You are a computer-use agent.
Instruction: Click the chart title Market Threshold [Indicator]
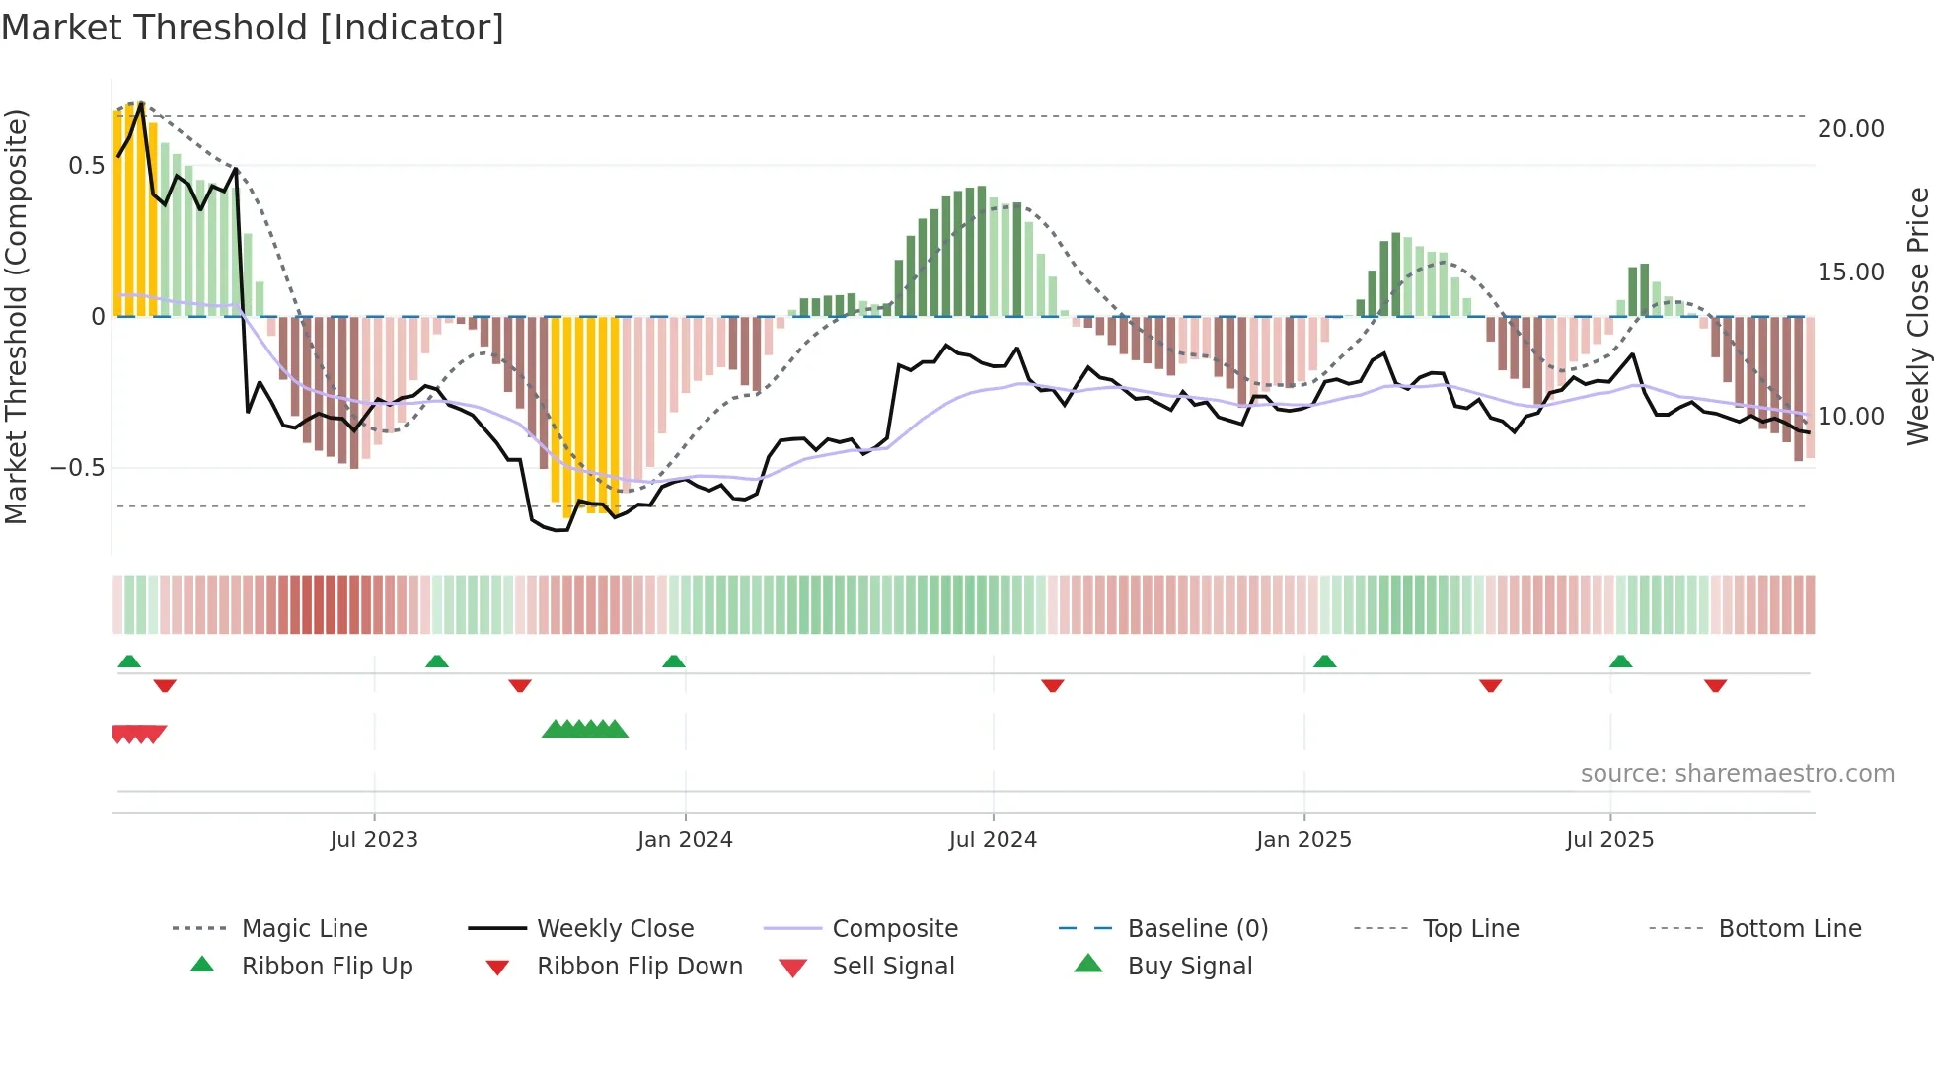[253, 28]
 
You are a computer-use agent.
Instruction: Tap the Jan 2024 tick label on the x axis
[685, 840]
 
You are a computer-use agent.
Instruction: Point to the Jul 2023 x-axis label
[374, 840]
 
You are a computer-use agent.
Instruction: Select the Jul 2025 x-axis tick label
[1609, 840]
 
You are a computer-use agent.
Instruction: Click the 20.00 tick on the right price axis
[1850, 129]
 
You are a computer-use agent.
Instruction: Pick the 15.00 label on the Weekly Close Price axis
[1850, 272]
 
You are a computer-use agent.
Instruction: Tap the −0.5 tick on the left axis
[78, 468]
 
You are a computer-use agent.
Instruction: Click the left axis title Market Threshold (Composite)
[16, 316]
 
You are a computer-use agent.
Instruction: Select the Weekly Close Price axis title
[1917, 316]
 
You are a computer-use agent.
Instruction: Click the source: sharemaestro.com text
[1737, 774]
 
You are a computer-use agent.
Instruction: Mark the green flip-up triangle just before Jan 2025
[1325, 661]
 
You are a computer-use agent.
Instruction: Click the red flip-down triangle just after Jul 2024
[1053, 685]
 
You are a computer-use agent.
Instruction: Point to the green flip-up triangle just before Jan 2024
[674, 661]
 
